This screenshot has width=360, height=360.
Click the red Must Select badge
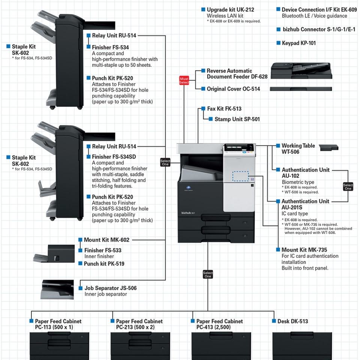(184, 80)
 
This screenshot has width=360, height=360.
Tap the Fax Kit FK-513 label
(224, 109)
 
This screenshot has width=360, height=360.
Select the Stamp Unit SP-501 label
(237, 119)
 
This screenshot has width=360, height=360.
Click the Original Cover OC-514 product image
(301, 89)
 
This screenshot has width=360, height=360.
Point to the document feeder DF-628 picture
(301, 71)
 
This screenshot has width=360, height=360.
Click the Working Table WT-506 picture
(329, 148)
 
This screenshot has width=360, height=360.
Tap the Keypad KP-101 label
(299, 43)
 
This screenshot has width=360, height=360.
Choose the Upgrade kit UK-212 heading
(230, 10)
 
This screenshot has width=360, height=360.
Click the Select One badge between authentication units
(348, 186)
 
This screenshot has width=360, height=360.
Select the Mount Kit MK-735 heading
(304, 250)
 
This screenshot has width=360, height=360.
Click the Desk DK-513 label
(293, 321)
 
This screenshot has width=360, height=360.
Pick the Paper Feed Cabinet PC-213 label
(139, 324)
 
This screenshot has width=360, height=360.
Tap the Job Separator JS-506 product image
(57, 289)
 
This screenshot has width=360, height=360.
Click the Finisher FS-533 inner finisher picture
(54, 253)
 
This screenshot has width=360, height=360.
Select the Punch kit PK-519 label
(104, 264)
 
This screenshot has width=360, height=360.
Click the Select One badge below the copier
(208, 274)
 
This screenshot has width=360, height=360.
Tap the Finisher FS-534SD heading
(114, 157)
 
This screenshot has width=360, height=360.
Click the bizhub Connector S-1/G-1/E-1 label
(319, 29)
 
